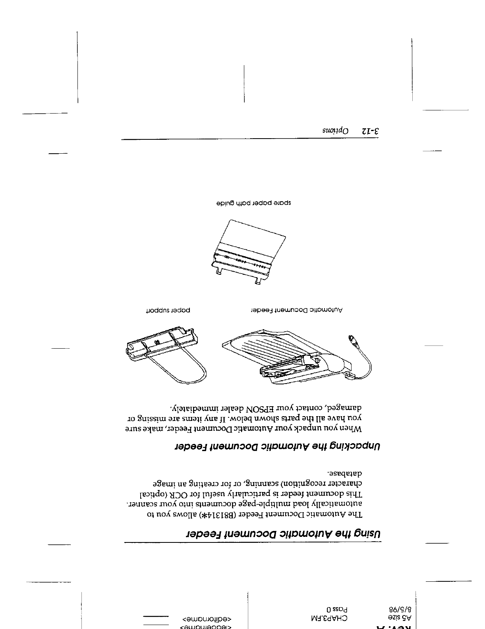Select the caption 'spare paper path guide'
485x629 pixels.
pyautogui.click(x=251, y=203)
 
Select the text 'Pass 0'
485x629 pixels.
pyautogui.click(x=338, y=609)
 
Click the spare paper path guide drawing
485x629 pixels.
pyautogui.click(x=248, y=252)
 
